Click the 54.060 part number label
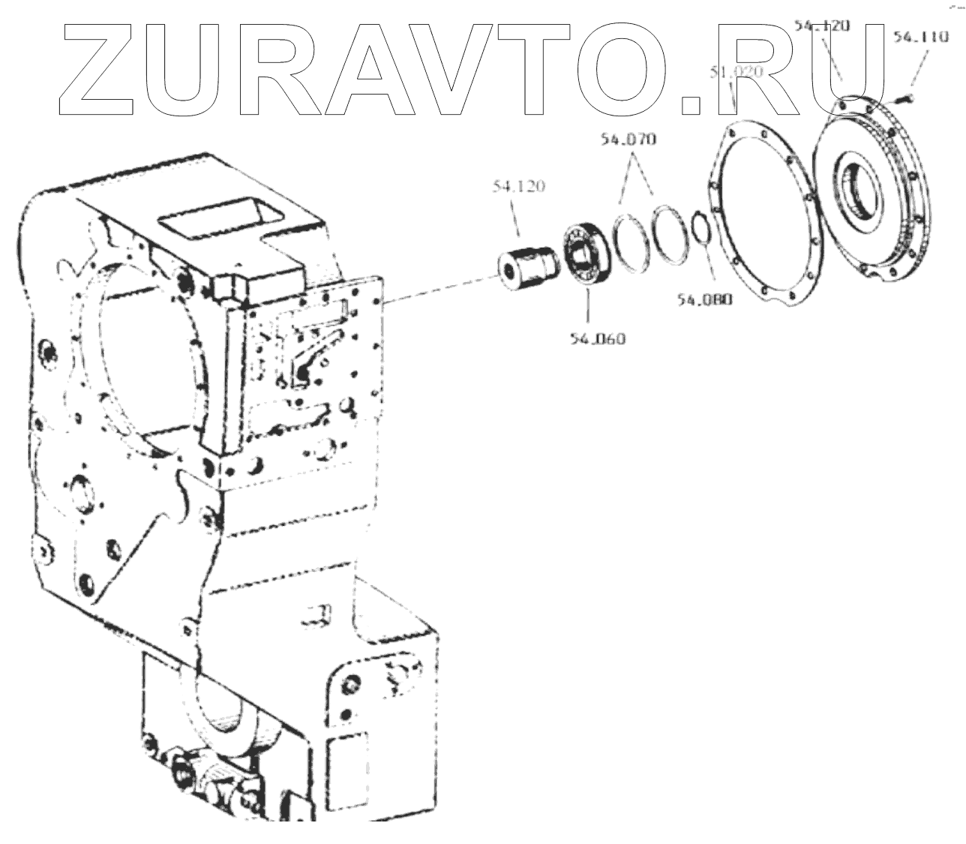596,339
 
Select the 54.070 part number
627,140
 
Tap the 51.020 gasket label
736,73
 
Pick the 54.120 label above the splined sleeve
518,186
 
